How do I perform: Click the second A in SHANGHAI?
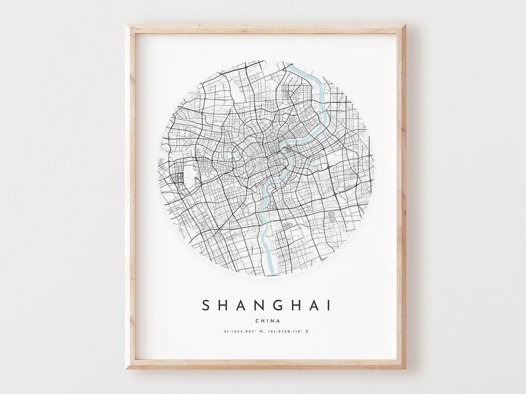(x=316, y=306)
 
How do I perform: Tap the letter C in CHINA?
(x=256, y=321)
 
